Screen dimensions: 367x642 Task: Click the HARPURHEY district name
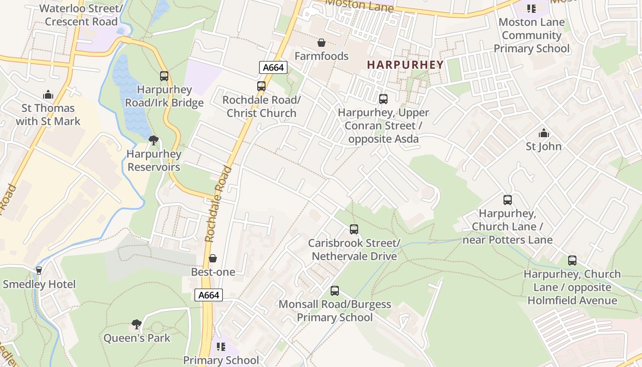click(x=405, y=65)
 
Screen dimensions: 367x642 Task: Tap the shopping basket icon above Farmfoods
click(x=321, y=43)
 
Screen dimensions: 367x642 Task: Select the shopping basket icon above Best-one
click(x=213, y=259)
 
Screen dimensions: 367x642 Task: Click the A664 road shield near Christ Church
click(x=273, y=67)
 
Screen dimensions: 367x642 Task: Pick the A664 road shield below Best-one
click(x=209, y=295)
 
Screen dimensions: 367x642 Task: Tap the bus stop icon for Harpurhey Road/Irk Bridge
click(x=164, y=76)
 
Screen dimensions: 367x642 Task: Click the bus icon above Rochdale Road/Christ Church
click(x=261, y=86)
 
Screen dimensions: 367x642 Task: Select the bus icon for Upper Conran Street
click(x=383, y=99)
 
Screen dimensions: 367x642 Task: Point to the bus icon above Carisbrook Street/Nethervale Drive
click(x=354, y=229)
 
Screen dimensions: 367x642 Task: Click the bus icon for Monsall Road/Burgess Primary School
click(x=335, y=291)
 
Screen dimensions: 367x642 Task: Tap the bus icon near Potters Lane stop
click(x=507, y=200)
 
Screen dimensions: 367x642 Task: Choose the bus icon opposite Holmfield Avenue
click(x=572, y=261)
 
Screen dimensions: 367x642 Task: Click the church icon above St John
click(x=543, y=133)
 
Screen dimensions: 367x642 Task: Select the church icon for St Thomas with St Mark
click(x=48, y=95)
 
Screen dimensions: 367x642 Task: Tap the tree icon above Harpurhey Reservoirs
click(x=154, y=140)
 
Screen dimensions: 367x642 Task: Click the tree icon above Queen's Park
click(x=136, y=324)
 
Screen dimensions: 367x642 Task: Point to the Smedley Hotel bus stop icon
click(x=39, y=271)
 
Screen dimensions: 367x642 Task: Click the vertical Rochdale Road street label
click(x=218, y=204)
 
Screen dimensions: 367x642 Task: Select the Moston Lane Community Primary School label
click(x=531, y=35)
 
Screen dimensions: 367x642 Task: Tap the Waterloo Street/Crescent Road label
click(x=82, y=15)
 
